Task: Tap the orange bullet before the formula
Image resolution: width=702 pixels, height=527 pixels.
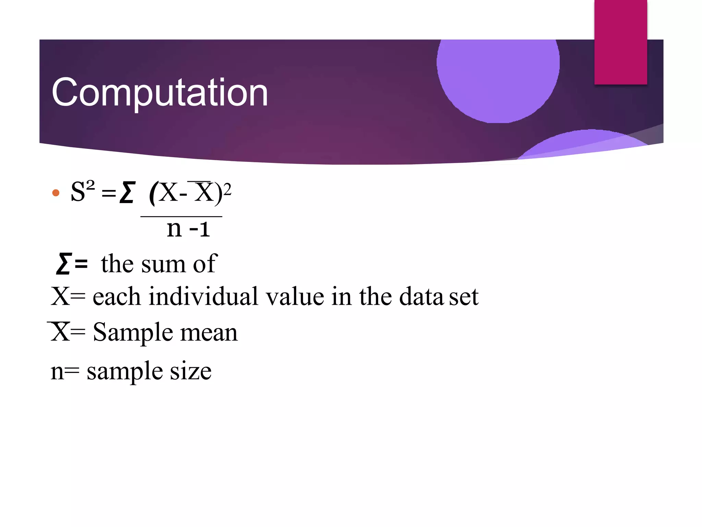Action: click(x=56, y=193)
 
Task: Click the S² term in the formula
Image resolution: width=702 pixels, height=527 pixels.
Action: click(x=82, y=191)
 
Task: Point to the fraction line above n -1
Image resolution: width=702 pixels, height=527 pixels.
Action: click(x=181, y=216)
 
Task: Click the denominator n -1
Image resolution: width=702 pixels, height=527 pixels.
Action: click(x=188, y=229)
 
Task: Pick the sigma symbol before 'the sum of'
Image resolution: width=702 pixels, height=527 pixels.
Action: click(x=64, y=263)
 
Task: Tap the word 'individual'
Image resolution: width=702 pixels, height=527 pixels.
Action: click(x=203, y=296)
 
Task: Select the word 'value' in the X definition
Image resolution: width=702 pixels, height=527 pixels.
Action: click(x=295, y=296)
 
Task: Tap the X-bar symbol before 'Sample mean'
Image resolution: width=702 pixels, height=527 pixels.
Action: click(x=60, y=332)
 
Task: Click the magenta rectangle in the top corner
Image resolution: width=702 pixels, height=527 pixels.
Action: click(x=620, y=42)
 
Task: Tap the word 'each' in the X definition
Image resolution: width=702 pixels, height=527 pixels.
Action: click(x=117, y=296)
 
